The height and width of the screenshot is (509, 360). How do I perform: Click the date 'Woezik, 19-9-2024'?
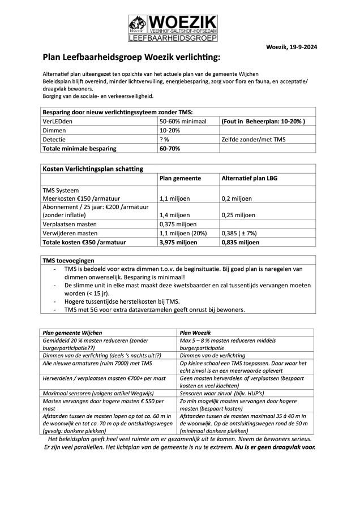[291, 48]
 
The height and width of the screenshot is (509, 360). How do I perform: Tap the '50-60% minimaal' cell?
[183, 121]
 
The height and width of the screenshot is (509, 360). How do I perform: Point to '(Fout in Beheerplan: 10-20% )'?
[264, 121]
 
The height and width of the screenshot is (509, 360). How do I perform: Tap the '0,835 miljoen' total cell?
[240, 242]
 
